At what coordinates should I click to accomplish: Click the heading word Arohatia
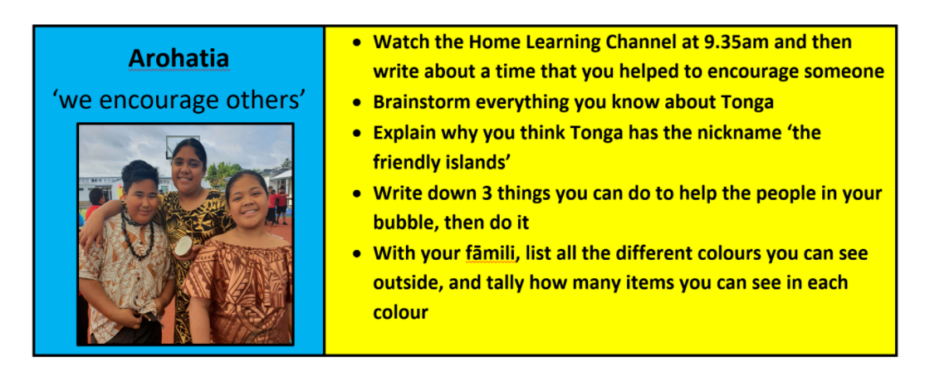tap(179, 58)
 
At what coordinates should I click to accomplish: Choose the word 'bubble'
tap(403, 223)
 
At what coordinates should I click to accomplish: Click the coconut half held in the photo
tap(184, 245)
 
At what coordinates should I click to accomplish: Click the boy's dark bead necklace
tap(138, 232)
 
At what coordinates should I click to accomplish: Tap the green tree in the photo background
tap(222, 173)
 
